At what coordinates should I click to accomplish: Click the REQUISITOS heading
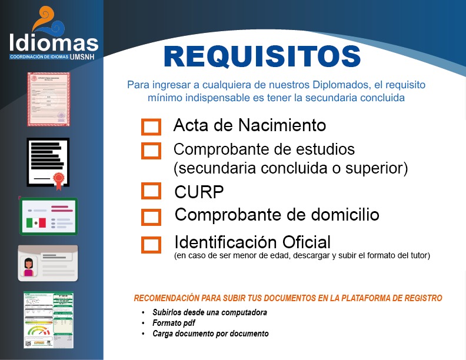[x=262, y=56]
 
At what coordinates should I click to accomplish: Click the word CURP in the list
[x=199, y=192]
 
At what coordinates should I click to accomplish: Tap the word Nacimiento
[x=282, y=125]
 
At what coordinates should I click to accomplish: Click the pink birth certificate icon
[x=48, y=99]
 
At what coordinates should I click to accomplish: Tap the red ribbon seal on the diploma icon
[x=59, y=181]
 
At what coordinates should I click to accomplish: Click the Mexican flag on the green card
[x=36, y=223]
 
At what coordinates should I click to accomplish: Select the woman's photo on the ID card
[x=28, y=267]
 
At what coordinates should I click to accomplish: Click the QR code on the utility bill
[x=28, y=344]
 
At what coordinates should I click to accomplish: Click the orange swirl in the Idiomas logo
[x=44, y=18]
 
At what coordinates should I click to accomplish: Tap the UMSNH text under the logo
[x=82, y=56]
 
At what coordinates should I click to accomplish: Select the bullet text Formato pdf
[x=174, y=323]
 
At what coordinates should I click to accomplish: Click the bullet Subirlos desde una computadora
[x=210, y=312]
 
